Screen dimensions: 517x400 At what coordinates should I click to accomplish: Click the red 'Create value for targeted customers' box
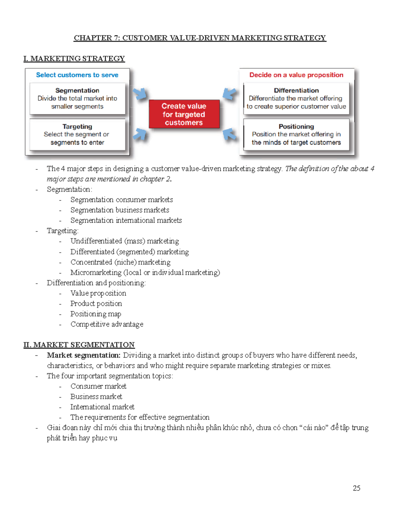click(x=184, y=114)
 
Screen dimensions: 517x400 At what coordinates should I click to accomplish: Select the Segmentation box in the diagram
click(x=77, y=99)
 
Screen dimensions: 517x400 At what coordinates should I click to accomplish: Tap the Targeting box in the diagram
click(x=77, y=134)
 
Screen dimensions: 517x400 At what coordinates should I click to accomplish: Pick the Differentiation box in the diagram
click(x=296, y=99)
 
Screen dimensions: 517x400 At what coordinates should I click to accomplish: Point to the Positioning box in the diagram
click(x=296, y=134)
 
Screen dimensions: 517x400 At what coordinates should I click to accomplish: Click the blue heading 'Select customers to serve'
click(x=77, y=75)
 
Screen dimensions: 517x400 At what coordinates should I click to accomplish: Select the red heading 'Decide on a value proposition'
click(x=296, y=75)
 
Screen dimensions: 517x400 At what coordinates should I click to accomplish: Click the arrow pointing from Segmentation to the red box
click(x=140, y=94)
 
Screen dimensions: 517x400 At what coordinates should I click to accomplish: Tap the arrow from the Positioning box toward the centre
click(x=230, y=135)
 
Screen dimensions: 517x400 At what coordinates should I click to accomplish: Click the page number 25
click(x=356, y=488)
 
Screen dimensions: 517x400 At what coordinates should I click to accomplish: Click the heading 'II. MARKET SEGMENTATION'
click(x=79, y=345)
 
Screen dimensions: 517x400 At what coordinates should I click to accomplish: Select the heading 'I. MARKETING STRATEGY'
click(x=74, y=59)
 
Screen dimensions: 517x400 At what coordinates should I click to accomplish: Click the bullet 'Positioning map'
click(x=96, y=314)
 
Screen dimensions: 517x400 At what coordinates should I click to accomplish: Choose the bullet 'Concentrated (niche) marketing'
click(x=120, y=262)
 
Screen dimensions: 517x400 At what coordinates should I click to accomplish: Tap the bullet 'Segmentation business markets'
click(x=120, y=210)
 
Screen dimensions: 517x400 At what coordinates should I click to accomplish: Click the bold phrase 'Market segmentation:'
click(x=84, y=355)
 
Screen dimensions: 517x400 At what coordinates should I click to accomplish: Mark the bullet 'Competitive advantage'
click(x=107, y=324)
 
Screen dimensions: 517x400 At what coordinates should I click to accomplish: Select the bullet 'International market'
click(x=102, y=407)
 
